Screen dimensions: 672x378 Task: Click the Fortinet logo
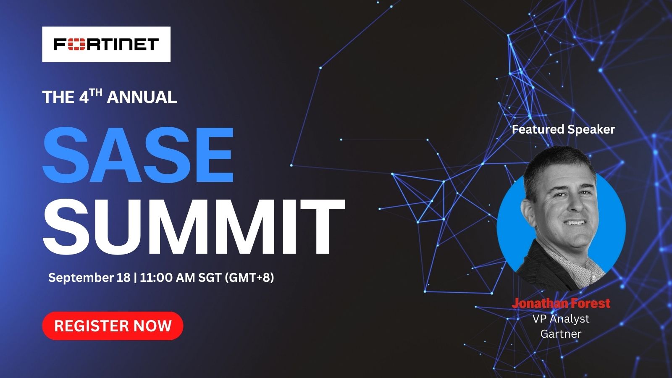[106, 44]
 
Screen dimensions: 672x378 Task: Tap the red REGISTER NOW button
[113, 326]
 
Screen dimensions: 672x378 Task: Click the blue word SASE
[138, 155]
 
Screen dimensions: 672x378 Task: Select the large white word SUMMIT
[194, 226]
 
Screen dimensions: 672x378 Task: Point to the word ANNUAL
[142, 97]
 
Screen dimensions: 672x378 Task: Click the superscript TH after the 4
[96, 92]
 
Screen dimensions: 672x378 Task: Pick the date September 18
[89, 278]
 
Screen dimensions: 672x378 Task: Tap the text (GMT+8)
[249, 278]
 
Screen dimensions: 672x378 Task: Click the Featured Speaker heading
[563, 129]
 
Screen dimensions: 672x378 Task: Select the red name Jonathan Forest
[561, 303]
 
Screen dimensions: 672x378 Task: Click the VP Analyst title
[561, 319]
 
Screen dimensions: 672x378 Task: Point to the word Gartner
[561, 333]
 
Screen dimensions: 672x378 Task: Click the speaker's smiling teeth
[575, 223]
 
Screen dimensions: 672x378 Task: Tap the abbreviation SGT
[210, 278]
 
